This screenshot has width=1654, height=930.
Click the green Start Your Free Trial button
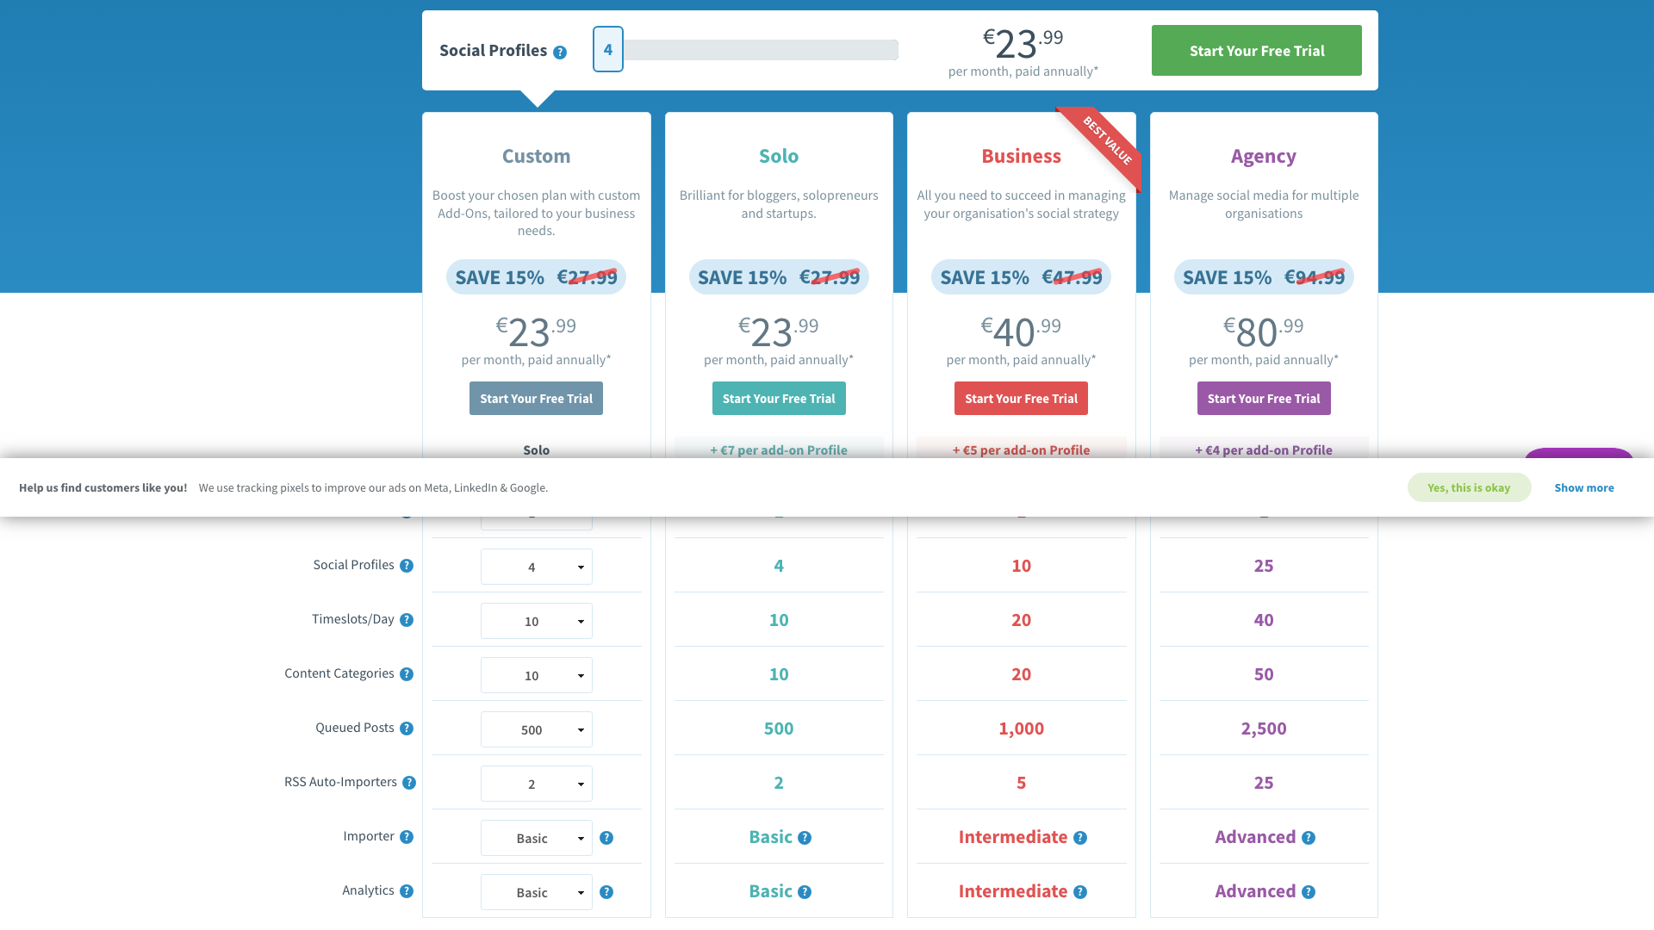[x=1256, y=51]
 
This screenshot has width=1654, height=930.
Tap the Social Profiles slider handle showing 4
[x=607, y=49]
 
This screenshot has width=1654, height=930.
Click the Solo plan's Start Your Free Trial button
[x=779, y=399]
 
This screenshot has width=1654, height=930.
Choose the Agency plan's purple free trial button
[x=1263, y=399]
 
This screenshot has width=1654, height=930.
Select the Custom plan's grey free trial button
[x=536, y=399]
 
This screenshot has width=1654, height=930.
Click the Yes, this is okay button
[x=1469, y=487]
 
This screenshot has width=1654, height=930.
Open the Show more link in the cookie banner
[x=1583, y=487]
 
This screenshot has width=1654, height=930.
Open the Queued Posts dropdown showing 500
[x=536, y=729]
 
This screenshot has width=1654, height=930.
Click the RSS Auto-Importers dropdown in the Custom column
[x=536, y=784]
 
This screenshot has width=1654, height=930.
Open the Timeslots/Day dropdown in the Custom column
[x=536, y=621]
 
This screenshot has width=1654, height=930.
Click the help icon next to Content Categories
[x=407, y=674]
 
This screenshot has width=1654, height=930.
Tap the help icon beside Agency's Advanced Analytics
[x=1309, y=892]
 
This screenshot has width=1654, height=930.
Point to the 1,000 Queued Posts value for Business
[x=1021, y=728]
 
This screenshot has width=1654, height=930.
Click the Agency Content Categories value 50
[x=1263, y=674]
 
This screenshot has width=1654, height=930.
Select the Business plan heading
[x=1021, y=156]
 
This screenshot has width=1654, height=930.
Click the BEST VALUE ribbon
[x=1107, y=140]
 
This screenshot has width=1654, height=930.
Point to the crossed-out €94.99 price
[x=1314, y=277]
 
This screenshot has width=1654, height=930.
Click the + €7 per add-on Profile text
[x=779, y=449]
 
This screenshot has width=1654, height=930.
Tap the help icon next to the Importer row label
[x=407, y=837]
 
